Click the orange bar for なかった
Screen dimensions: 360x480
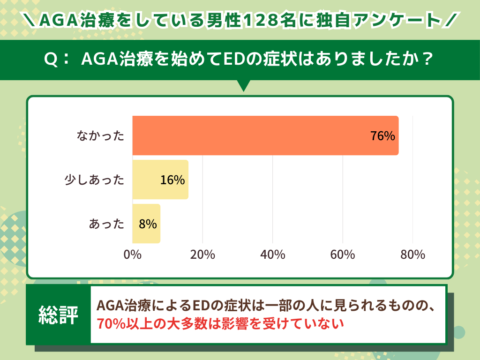coord(265,135)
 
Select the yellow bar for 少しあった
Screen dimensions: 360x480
coord(160,180)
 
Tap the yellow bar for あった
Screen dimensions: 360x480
coord(146,224)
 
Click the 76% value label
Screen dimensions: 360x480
coord(382,136)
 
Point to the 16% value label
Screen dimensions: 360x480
coord(172,180)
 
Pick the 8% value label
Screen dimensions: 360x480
coord(148,224)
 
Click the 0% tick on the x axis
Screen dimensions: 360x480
coord(133,255)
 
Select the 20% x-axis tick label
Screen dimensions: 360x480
coord(202,255)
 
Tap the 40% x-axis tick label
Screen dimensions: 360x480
coord(273,255)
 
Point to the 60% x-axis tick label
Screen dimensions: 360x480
coord(343,255)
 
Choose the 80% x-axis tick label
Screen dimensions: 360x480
coord(412,255)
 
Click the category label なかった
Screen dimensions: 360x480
coord(101,136)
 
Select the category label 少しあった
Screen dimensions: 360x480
coord(94,180)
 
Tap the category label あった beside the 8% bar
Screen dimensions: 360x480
coord(107,224)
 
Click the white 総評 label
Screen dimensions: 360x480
coord(58,315)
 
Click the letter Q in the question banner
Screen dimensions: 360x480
coord(50,60)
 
